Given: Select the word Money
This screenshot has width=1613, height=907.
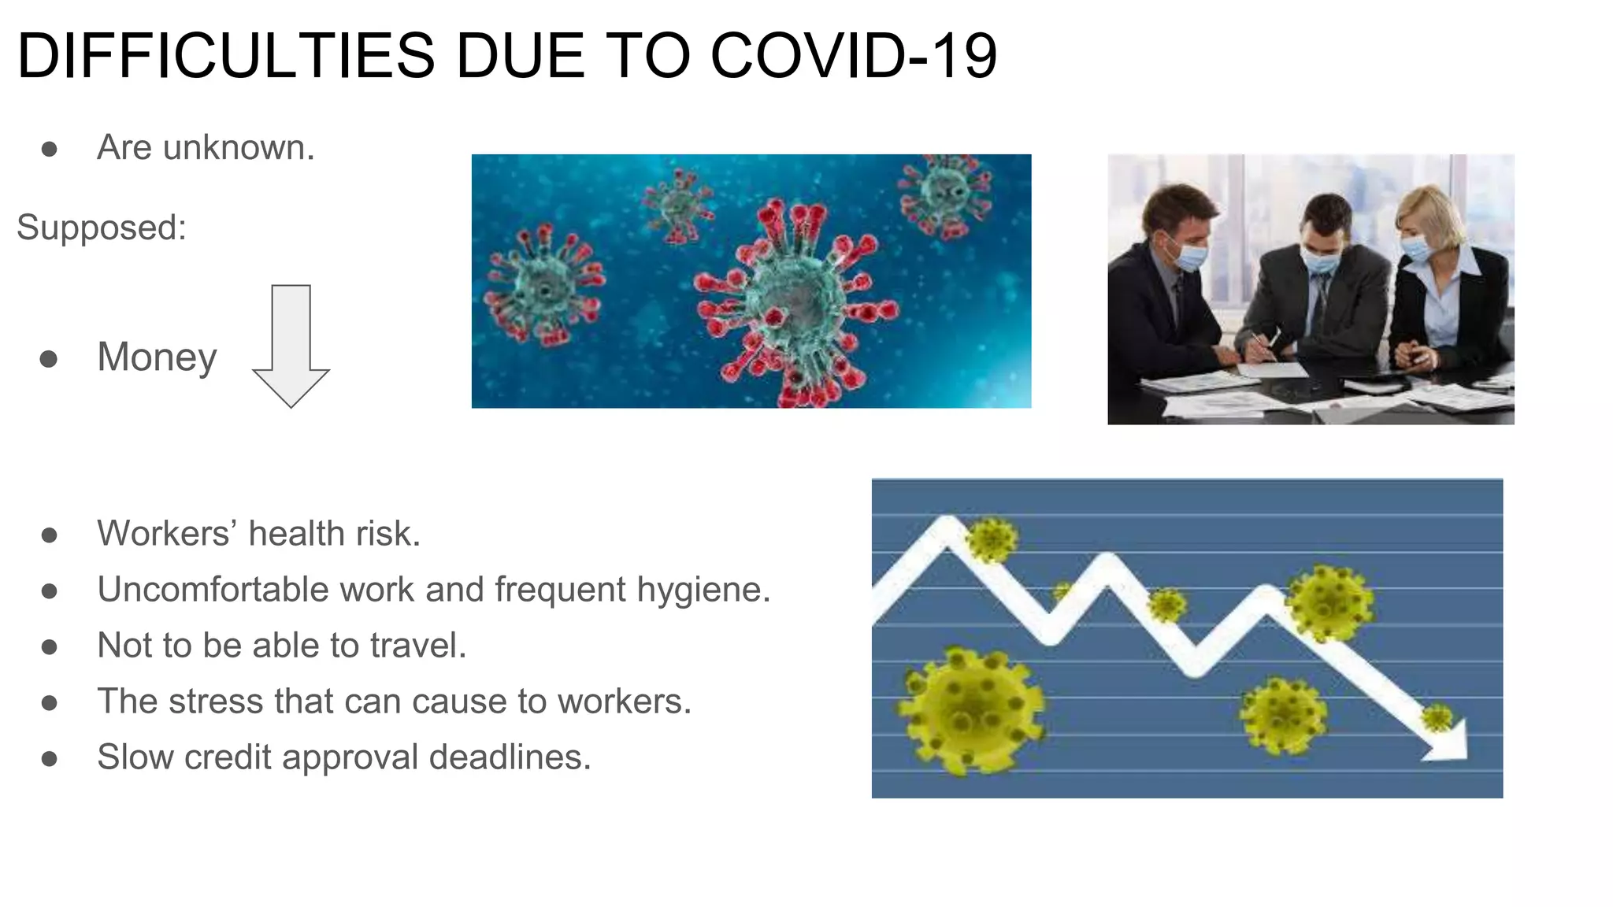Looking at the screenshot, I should [x=157, y=357].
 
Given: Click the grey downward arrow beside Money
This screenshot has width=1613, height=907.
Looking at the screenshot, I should [x=291, y=346].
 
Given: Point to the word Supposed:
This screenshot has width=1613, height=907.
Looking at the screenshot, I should [x=102, y=228].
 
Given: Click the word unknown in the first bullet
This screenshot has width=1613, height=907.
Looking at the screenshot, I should [x=239, y=147].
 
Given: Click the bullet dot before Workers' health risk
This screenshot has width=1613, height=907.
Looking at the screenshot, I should [x=49, y=535].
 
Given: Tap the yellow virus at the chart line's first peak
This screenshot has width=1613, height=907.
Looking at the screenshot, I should [x=991, y=541].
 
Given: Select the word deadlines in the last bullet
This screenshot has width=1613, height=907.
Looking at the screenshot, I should [x=510, y=757].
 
